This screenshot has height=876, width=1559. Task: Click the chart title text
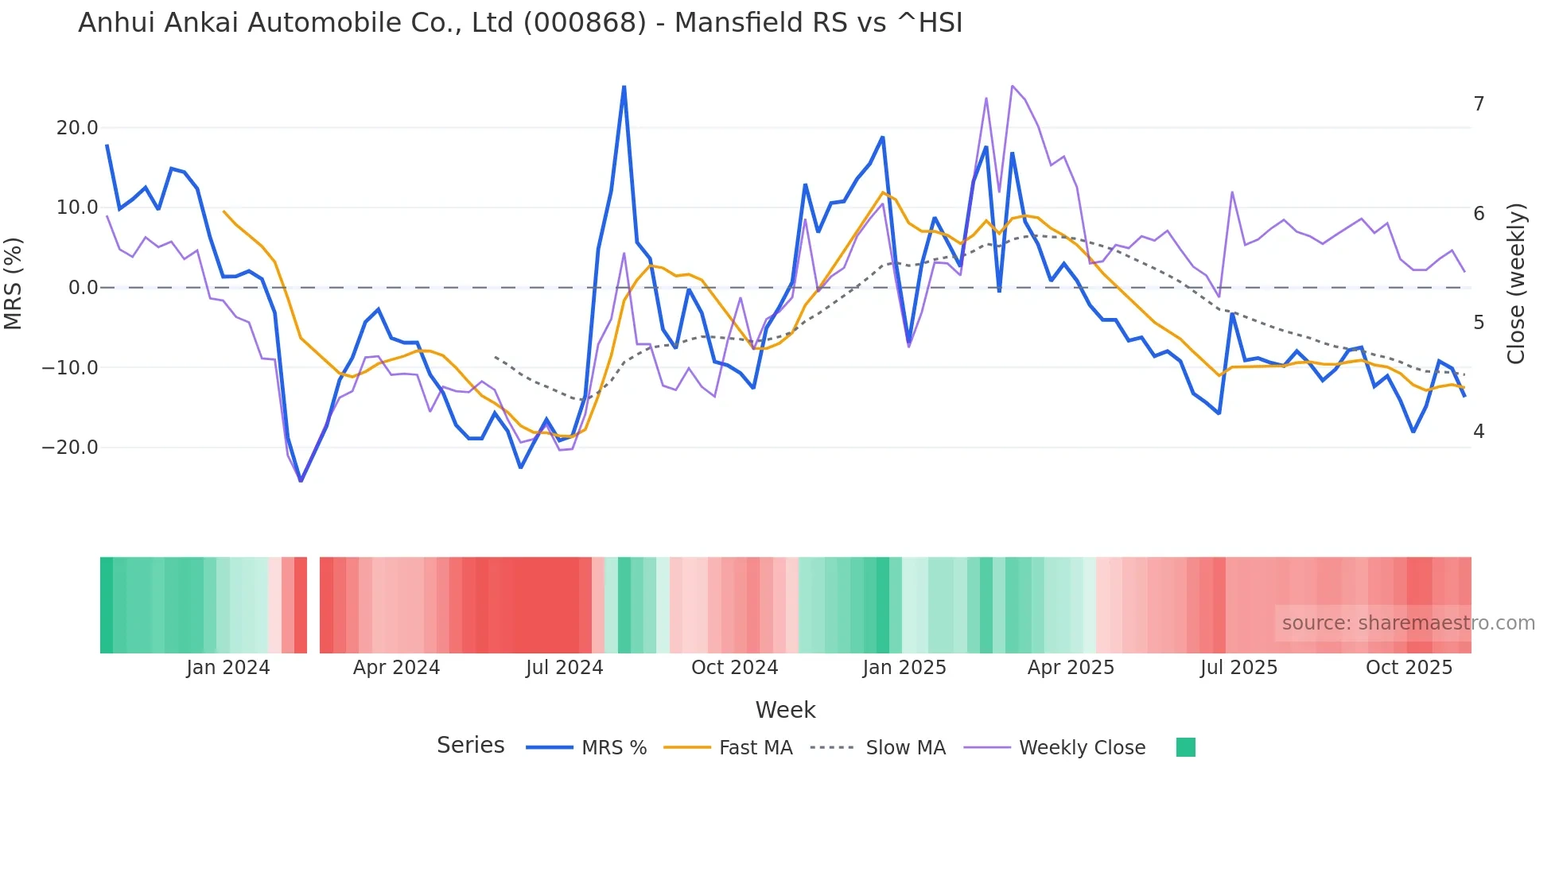(520, 23)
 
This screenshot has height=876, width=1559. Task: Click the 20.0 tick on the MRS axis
(77, 128)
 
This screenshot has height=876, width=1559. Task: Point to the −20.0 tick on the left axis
(70, 448)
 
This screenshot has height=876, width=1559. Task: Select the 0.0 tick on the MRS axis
(83, 288)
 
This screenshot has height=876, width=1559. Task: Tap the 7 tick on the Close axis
(1479, 104)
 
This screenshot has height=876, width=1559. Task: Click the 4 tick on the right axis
(1479, 432)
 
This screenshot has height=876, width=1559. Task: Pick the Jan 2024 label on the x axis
(228, 668)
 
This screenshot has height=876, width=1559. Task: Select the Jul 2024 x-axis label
(565, 668)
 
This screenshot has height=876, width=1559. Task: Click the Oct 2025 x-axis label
(1409, 668)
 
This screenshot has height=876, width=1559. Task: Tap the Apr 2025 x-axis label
(1071, 668)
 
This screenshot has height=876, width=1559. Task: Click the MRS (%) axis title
(14, 283)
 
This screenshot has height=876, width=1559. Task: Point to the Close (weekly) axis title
(1516, 284)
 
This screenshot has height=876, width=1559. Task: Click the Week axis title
(785, 710)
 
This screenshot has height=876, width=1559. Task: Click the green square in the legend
(1185, 747)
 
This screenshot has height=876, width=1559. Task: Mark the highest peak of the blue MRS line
(624, 87)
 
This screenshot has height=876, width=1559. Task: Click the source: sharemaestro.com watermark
(1408, 623)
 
